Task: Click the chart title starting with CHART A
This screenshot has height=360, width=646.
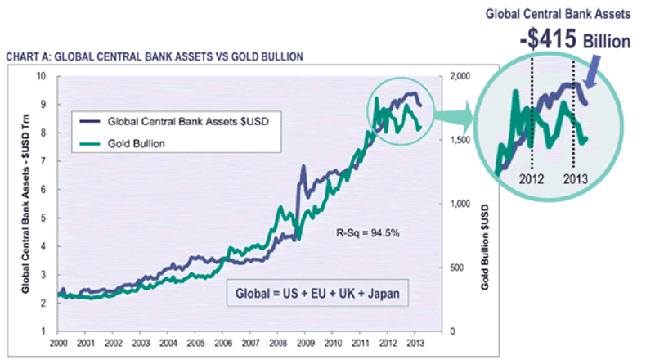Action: click(x=155, y=56)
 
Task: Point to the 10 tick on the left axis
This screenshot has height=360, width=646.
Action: click(x=43, y=76)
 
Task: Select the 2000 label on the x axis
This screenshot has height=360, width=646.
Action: click(x=57, y=343)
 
